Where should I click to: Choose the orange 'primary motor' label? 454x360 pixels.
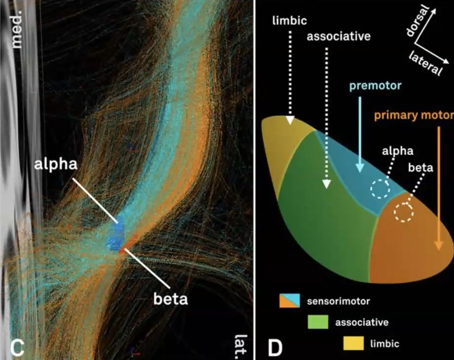(413, 114)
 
